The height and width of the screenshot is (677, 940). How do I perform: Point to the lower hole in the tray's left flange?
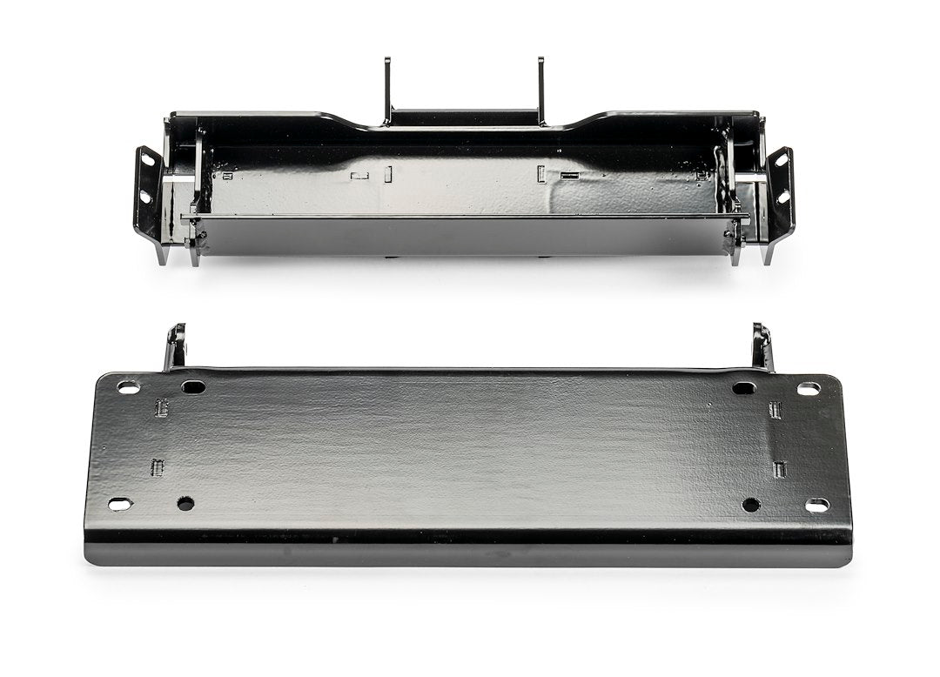[x=144, y=198]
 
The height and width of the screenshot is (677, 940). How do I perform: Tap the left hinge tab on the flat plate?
[x=177, y=345]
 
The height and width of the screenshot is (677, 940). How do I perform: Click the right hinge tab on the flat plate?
[x=762, y=345]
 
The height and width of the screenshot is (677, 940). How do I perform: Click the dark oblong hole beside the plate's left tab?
[x=193, y=386]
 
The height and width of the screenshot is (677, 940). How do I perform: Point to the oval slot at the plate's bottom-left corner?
[x=120, y=504]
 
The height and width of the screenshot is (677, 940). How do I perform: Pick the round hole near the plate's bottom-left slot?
[x=185, y=503]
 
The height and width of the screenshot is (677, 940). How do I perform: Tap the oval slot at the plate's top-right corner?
[x=809, y=388]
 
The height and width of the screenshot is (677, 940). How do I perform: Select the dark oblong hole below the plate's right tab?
[x=744, y=387]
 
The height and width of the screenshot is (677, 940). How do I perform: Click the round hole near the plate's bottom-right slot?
[x=751, y=505]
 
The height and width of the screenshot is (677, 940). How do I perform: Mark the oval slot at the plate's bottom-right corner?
[x=817, y=505]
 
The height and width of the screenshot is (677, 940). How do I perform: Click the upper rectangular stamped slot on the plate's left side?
[x=161, y=407]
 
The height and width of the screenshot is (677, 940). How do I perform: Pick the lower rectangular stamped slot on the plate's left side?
[x=158, y=467]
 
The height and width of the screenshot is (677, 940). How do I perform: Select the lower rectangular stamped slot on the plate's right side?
[x=780, y=469]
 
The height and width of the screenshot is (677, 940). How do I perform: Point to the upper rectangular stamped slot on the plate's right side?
[x=776, y=409]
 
